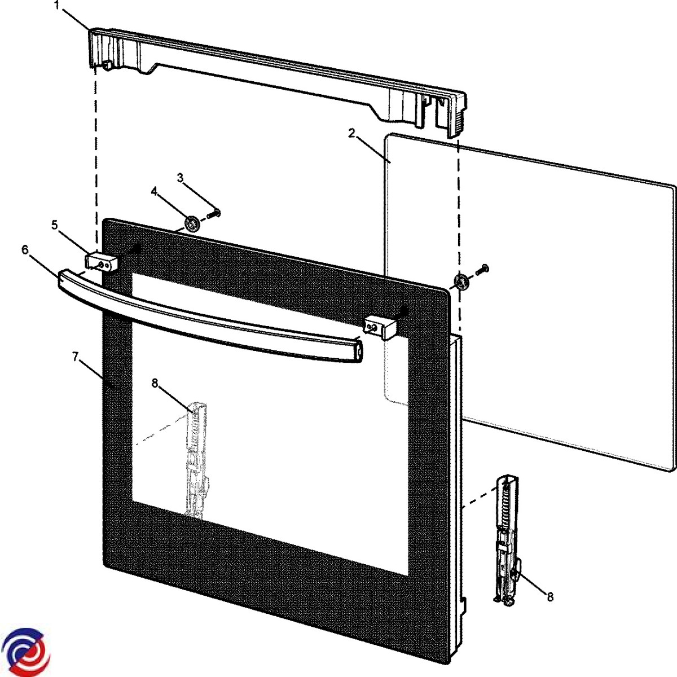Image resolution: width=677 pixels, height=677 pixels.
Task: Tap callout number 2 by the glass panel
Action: [x=351, y=134]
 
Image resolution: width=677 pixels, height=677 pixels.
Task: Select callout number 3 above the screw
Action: [x=180, y=178]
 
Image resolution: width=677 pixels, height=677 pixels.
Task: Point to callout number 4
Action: [x=154, y=191]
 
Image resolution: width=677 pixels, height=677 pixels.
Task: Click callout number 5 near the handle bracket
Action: [x=55, y=225]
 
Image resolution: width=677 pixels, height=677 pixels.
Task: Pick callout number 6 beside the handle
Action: [x=25, y=250]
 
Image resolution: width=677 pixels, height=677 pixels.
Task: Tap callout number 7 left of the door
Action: [x=76, y=357]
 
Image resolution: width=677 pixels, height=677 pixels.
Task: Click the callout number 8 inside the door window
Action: [x=155, y=383]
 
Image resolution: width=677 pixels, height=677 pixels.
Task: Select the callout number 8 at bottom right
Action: [x=550, y=596]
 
